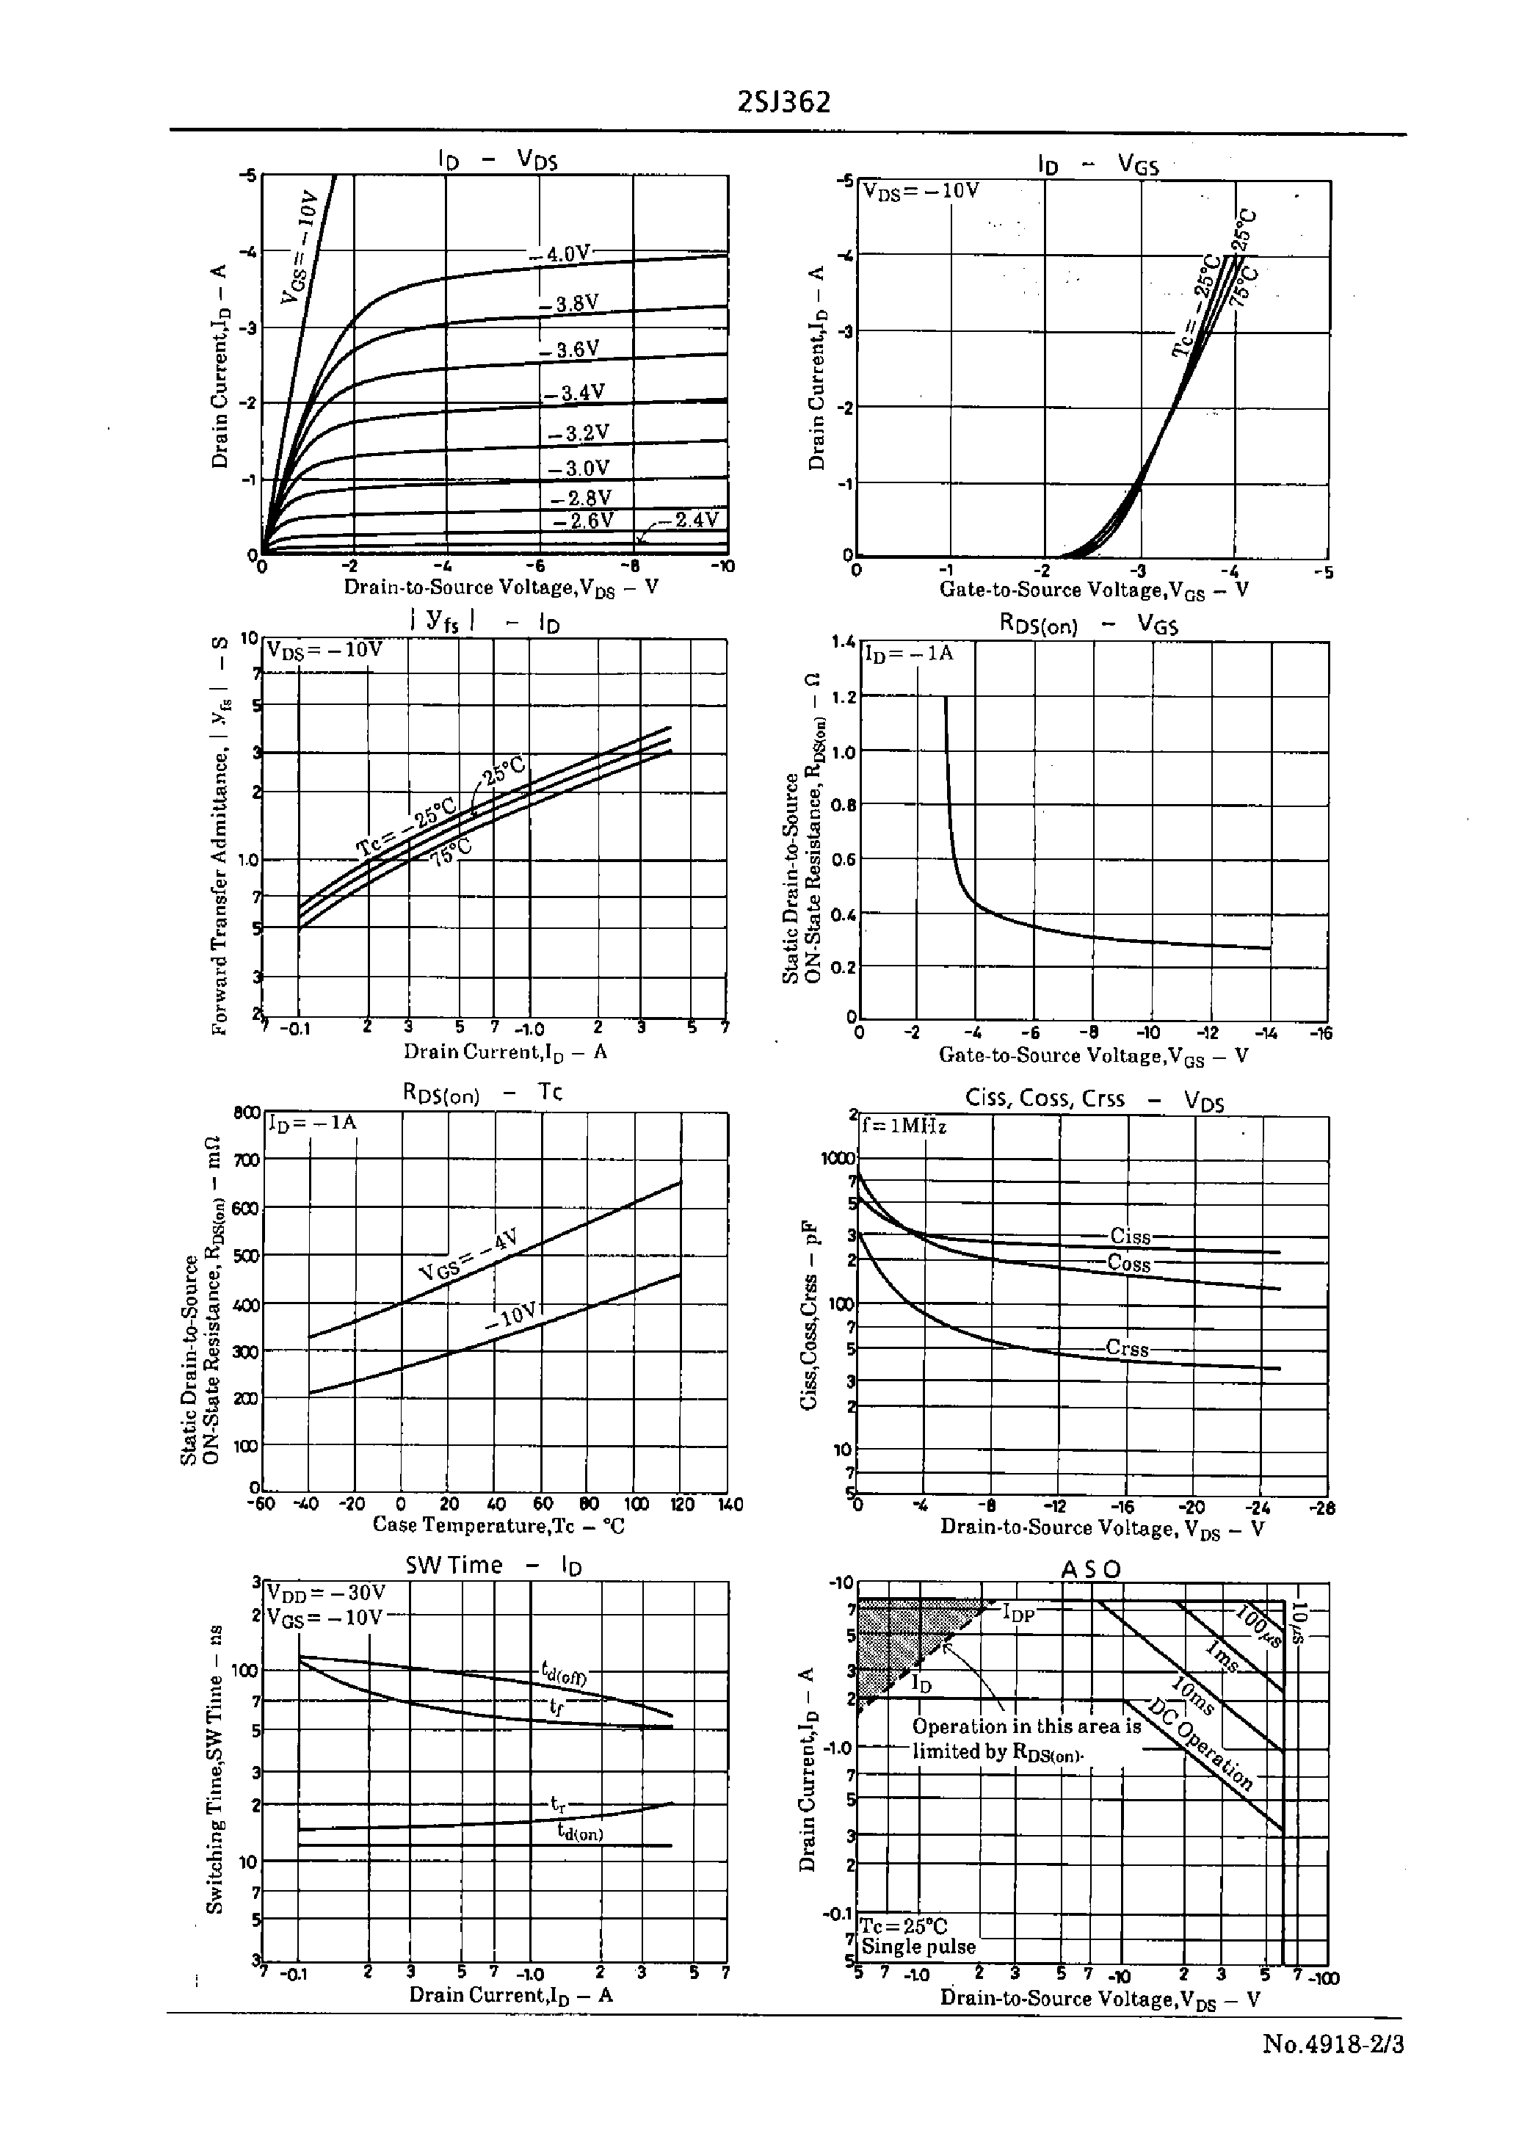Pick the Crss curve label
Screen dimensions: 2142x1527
click(1126, 1348)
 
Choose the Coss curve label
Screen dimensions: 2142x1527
click(1128, 1264)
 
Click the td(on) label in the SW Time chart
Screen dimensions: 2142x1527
click(579, 1831)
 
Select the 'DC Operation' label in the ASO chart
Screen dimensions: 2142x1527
click(1202, 1746)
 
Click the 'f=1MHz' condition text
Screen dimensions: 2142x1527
click(904, 1126)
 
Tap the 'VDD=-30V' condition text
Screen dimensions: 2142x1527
click(325, 1593)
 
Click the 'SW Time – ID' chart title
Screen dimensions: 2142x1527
click(493, 1565)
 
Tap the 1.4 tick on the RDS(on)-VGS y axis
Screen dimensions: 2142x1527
click(844, 643)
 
